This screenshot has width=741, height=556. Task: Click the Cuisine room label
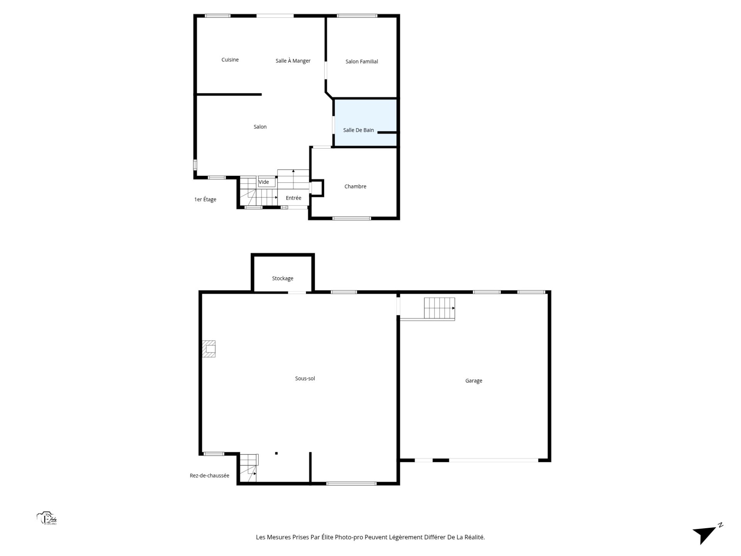click(x=230, y=60)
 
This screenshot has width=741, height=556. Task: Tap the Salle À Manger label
click(x=293, y=61)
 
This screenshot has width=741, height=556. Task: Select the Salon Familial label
click(x=362, y=61)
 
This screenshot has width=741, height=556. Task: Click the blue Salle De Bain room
click(x=365, y=123)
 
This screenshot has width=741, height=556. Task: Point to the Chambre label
click(x=355, y=186)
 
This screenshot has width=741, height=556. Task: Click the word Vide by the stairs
click(x=264, y=182)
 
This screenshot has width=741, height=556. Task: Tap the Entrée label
click(x=293, y=198)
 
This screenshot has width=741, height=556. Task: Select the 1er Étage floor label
click(x=205, y=200)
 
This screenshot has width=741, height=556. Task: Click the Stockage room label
click(x=283, y=278)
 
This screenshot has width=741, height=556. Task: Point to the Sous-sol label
click(x=305, y=379)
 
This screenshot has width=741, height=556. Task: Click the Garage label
click(x=474, y=381)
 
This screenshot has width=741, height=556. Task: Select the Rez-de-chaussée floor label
click(x=210, y=476)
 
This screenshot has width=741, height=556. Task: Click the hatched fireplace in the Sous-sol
click(x=209, y=349)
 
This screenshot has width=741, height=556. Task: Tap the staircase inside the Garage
click(x=440, y=309)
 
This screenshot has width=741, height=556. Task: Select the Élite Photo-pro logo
click(x=47, y=519)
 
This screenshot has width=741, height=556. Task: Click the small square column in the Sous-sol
click(x=276, y=453)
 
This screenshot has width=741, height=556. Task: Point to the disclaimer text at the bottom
click(x=370, y=537)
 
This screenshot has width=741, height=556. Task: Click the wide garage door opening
click(x=494, y=460)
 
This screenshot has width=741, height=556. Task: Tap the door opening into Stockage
click(x=297, y=293)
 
